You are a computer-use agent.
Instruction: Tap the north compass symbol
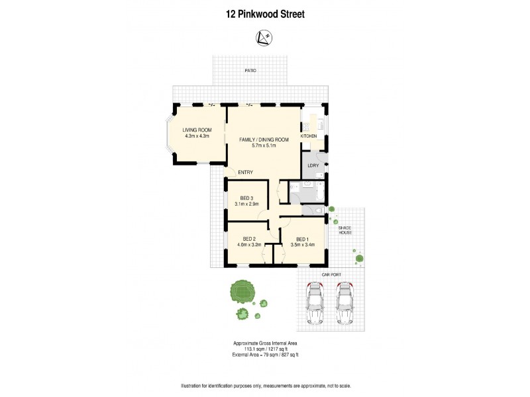[264, 40]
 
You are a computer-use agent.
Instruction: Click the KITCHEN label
[309, 136]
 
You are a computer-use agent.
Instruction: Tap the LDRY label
[313, 165]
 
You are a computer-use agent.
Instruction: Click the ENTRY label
[246, 173]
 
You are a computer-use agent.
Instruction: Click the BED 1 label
[302, 239]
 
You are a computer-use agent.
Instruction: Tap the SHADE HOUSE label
[345, 230]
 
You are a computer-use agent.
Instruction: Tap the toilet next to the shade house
[319, 210]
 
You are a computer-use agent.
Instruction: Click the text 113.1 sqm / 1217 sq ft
[264, 349]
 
